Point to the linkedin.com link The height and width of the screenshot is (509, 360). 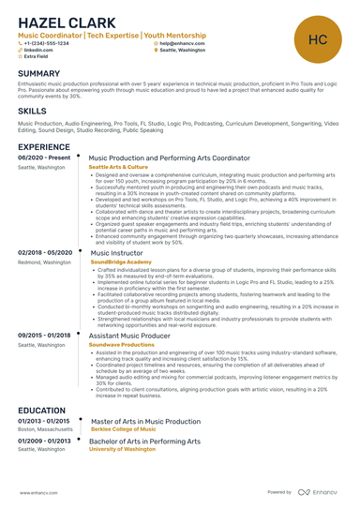tap(39, 50)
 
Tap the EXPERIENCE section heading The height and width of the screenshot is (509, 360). tap(43, 147)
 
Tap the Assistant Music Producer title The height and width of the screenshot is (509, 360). tap(129, 335)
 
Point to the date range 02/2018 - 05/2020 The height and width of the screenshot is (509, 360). tap(45, 253)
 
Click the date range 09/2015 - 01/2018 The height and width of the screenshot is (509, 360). tap(44, 335)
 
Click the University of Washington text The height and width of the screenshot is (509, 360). tap(121, 449)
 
